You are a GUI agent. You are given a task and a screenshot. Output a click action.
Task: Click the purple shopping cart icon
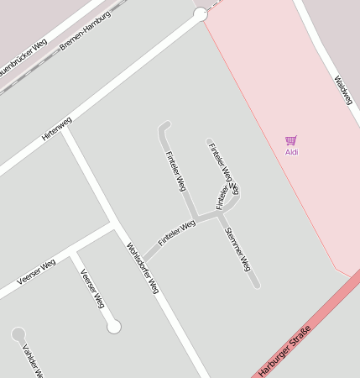point(290,140)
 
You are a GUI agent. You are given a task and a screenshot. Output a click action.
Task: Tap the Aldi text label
point(291,152)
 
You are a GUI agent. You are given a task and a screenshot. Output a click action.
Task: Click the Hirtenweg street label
point(57,128)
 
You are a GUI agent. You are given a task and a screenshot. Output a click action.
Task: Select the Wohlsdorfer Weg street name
point(143,266)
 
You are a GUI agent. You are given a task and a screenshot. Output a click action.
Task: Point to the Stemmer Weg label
point(238,249)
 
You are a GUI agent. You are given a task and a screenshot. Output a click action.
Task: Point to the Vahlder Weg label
point(32,361)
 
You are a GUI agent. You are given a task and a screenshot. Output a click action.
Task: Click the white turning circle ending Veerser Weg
point(114,326)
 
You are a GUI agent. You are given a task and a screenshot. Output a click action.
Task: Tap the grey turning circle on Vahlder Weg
point(18,334)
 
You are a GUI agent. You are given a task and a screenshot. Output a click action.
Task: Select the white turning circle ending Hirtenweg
point(200,14)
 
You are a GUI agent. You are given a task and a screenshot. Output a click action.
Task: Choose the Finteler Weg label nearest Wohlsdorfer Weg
point(176,232)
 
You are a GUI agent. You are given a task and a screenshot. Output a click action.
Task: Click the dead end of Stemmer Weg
point(255,285)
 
